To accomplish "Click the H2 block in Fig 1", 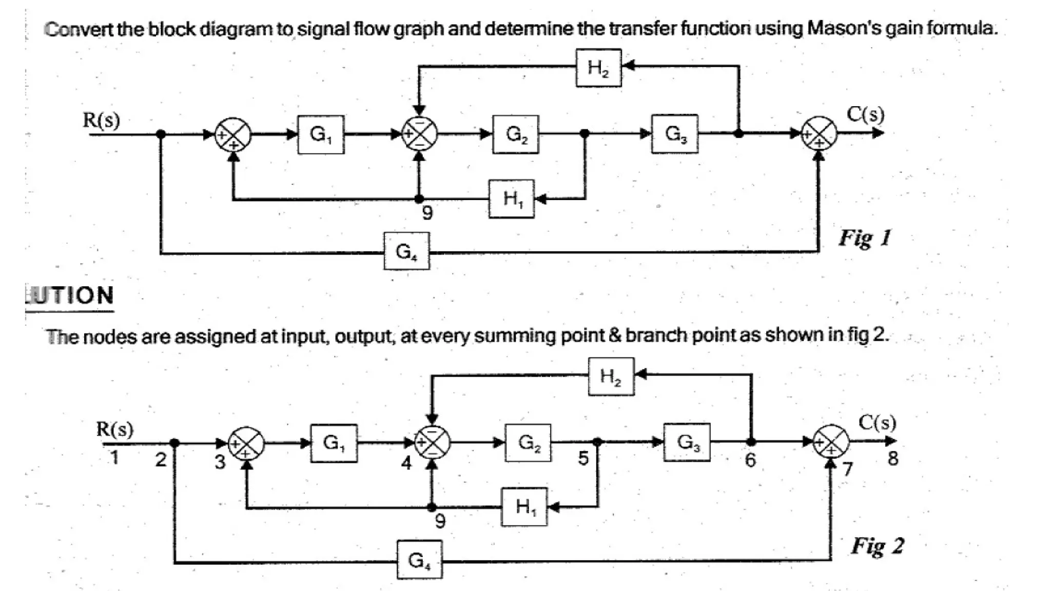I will (598, 68).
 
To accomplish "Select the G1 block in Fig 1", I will (321, 134).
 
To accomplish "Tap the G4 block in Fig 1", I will (406, 251).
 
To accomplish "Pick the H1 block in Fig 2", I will (524, 507).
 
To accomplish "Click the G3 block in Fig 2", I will (687, 442).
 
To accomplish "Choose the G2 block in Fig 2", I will (528, 443).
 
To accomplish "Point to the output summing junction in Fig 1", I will (819, 133).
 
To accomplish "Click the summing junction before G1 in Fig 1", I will (233, 135).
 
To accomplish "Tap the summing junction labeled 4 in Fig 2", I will (433, 443).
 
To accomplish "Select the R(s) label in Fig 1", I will (102, 120).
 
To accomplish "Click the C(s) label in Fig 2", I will (878, 423).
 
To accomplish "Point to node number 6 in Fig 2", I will (750, 460).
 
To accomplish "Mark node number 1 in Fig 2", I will (114, 457).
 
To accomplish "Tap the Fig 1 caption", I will (865, 238).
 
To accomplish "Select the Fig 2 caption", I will (878, 546).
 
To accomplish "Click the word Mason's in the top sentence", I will (842, 28).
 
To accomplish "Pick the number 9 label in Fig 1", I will (427, 212).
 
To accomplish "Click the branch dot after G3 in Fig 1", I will (738, 133).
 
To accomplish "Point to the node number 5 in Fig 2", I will (583, 458).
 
